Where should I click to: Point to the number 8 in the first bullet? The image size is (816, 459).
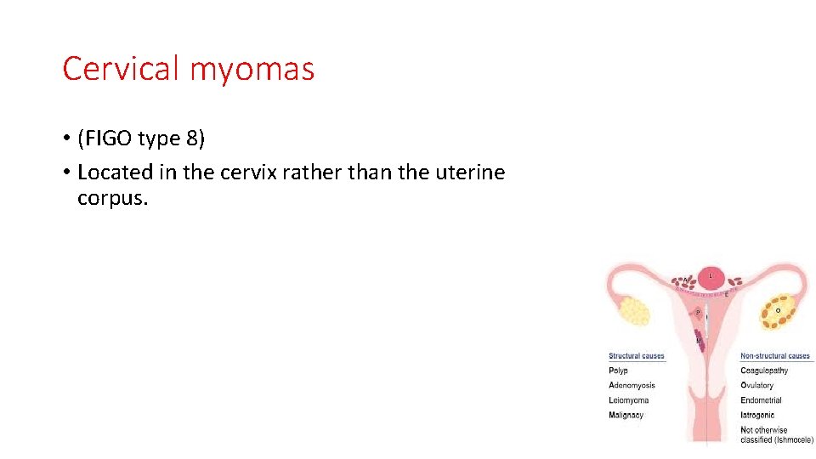(x=195, y=138)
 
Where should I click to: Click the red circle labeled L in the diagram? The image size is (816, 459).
(x=711, y=276)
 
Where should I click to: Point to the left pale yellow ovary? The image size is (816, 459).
(x=634, y=310)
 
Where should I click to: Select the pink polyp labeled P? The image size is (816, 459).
(x=699, y=313)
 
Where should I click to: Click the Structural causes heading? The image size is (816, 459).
(x=637, y=356)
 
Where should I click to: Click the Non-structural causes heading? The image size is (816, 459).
(x=775, y=356)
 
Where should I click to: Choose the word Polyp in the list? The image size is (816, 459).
(x=619, y=371)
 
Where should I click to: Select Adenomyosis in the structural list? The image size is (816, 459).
(x=632, y=385)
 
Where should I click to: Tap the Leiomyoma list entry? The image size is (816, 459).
(x=629, y=400)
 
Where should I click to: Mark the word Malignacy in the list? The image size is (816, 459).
(x=626, y=415)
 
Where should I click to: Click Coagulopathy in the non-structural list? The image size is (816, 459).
(x=764, y=371)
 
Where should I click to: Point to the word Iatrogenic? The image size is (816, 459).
(x=757, y=415)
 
